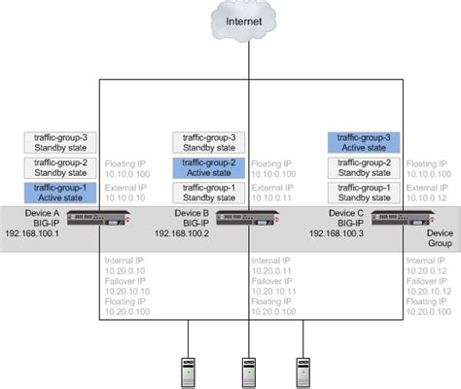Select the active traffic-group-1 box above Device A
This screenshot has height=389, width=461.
tap(60, 190)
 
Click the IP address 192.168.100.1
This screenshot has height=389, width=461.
tap(33, 234)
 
